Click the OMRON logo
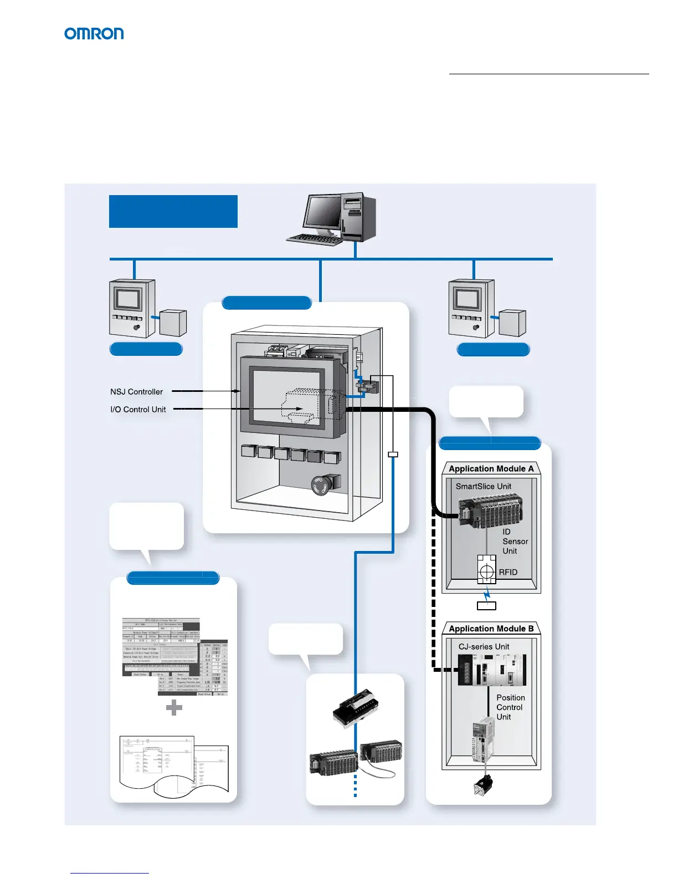[94, 34]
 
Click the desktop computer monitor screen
[322, 213]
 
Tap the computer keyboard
[315, 239]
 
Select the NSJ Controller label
[136, 392]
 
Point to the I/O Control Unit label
[138, 410]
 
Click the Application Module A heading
[491, 469]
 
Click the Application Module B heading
[491, 629]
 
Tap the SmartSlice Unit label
[484, 486]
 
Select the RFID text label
[508, 572]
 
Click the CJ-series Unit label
[484, 646]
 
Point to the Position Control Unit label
[510, 707]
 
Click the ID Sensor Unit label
[515, 542]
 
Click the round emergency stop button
[321, 485]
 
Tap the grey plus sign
[174, 707]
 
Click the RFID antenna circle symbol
[486, 571]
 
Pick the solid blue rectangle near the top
[173, 211]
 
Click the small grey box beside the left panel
[173, 323]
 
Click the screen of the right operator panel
[466, 300]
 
